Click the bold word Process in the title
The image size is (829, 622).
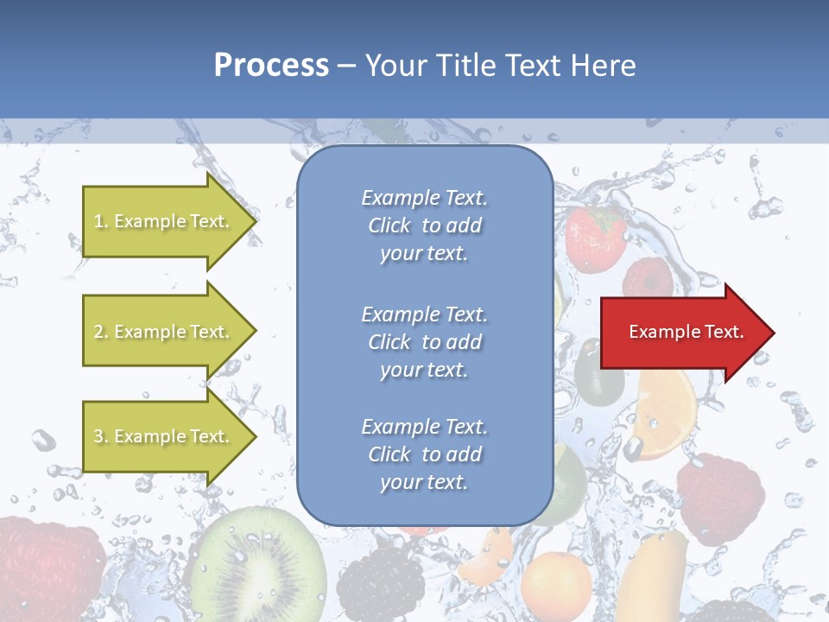point(271,66)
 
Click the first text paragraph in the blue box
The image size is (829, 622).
point(424,225)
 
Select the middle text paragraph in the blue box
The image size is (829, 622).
point(424,342)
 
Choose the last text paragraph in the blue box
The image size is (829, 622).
point(424,454)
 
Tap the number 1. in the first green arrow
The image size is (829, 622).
point(101,221)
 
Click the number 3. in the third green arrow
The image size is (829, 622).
point(101,436)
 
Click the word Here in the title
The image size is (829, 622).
point(604,66)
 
